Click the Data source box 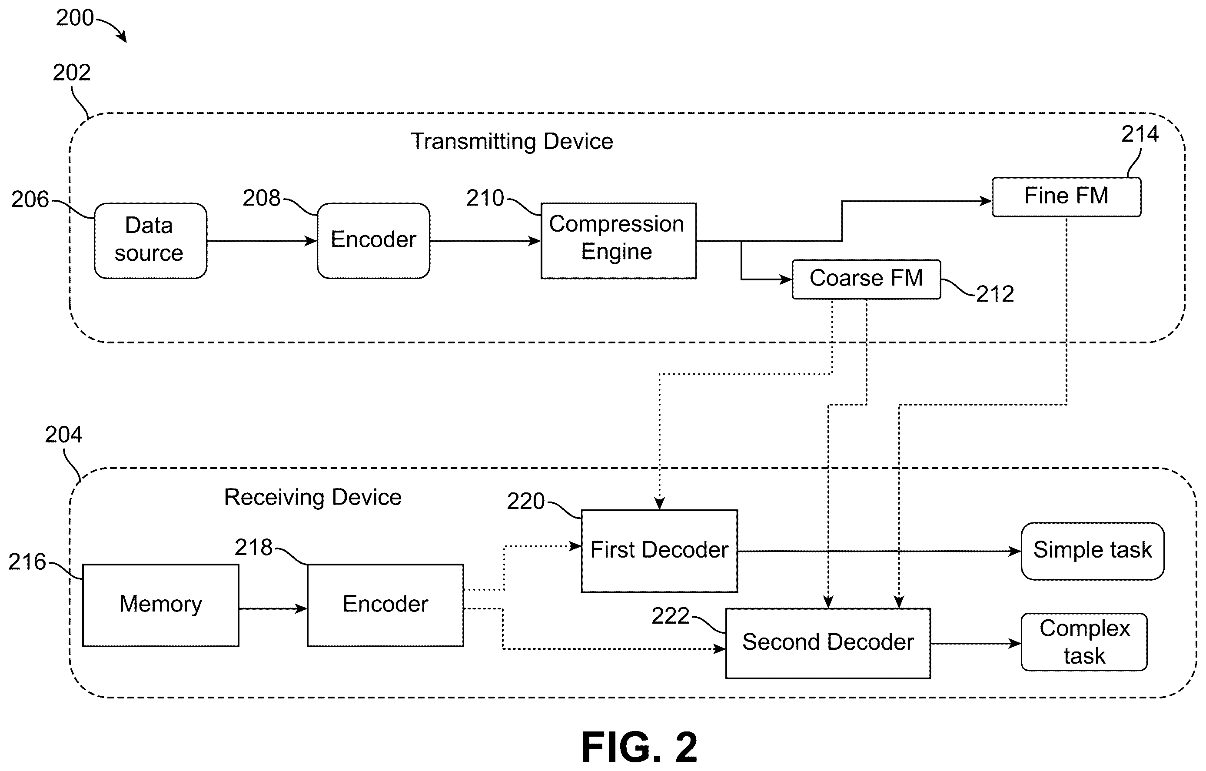point(150,240)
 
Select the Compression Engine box point(618,240)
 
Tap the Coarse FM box point(866,279)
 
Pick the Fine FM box point(1066,197)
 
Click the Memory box point(160,605)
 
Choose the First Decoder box point(659,551)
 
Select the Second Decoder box point(828,643)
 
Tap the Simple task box point(1092,551)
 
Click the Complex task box point(1084,642)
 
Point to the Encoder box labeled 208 point(373,240)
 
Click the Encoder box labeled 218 point(385,605)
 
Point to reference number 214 point(1140,134)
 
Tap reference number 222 point(671,616)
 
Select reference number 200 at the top point(75,18)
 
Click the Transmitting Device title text point(512,141)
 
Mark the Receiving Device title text point(312,498)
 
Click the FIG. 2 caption point(639,747)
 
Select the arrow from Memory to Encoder point(273,609)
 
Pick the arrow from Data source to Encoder point(262,241)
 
